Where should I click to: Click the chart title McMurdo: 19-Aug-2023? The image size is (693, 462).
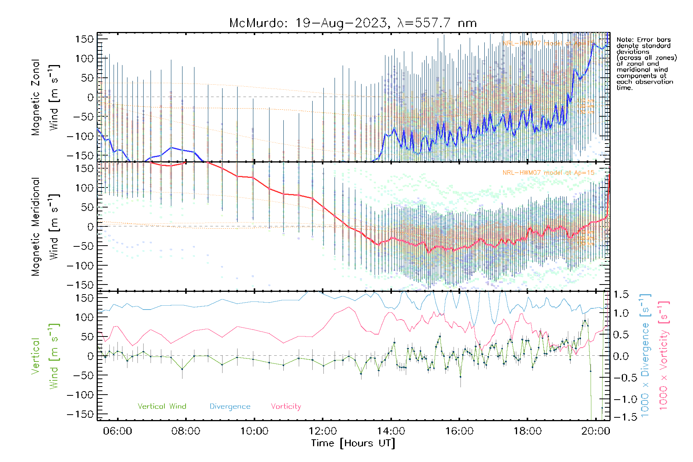[353, 23]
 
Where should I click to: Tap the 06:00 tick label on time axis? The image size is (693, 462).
[117, 431]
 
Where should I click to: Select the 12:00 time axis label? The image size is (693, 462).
[323, 431]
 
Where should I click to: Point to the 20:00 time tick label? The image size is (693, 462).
[596, 431]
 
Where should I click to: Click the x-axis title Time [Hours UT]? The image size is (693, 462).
[353, 443]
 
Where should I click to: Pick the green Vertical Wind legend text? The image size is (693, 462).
[162, 407]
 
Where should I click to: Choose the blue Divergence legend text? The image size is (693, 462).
[230, 407]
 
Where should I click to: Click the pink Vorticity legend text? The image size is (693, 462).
[286, 407]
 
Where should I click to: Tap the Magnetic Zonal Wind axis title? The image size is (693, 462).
[45, 97]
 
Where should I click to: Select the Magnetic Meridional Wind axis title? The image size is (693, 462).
[45, 227]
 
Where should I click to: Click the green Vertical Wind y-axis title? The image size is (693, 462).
[45, 356]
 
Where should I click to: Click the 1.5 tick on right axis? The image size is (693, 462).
[621, 295]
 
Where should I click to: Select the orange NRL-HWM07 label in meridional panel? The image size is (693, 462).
[548, 173]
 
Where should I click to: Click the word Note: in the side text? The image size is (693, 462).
[625, 40]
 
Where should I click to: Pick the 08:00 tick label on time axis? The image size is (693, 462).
[186, 431]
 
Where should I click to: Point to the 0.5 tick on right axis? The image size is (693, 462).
[621, 335]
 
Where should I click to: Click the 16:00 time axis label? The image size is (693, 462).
[459, 431]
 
